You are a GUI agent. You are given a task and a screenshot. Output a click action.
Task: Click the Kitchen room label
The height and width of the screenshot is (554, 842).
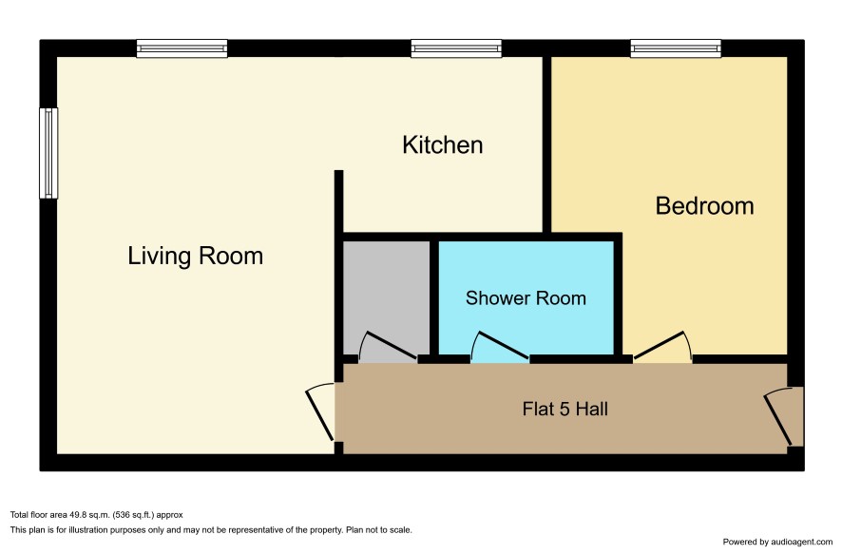(x=443, y=145)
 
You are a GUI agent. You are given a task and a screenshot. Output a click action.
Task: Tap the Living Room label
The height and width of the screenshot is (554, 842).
(x=196, y=256)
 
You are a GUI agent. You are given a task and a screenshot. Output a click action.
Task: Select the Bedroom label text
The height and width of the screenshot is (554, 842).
(x=704, y=206)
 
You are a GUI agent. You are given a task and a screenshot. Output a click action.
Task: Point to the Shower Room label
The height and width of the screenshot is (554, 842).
(x=526, y=298)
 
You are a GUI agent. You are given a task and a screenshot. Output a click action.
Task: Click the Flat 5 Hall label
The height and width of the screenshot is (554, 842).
(x=565, y=409)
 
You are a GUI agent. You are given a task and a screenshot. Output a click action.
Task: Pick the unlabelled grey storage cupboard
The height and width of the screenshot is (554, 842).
(x=386, y=297)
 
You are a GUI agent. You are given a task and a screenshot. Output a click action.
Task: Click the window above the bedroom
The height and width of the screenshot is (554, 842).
(x=676, y=48)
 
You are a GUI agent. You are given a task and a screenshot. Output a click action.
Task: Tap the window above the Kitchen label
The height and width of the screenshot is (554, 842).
(x=456, y=48)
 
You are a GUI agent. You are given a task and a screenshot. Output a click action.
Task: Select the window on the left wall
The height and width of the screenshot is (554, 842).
(x=48, y=153)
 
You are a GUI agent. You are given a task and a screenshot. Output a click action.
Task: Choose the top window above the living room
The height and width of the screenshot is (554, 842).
(x=182, y=48)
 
